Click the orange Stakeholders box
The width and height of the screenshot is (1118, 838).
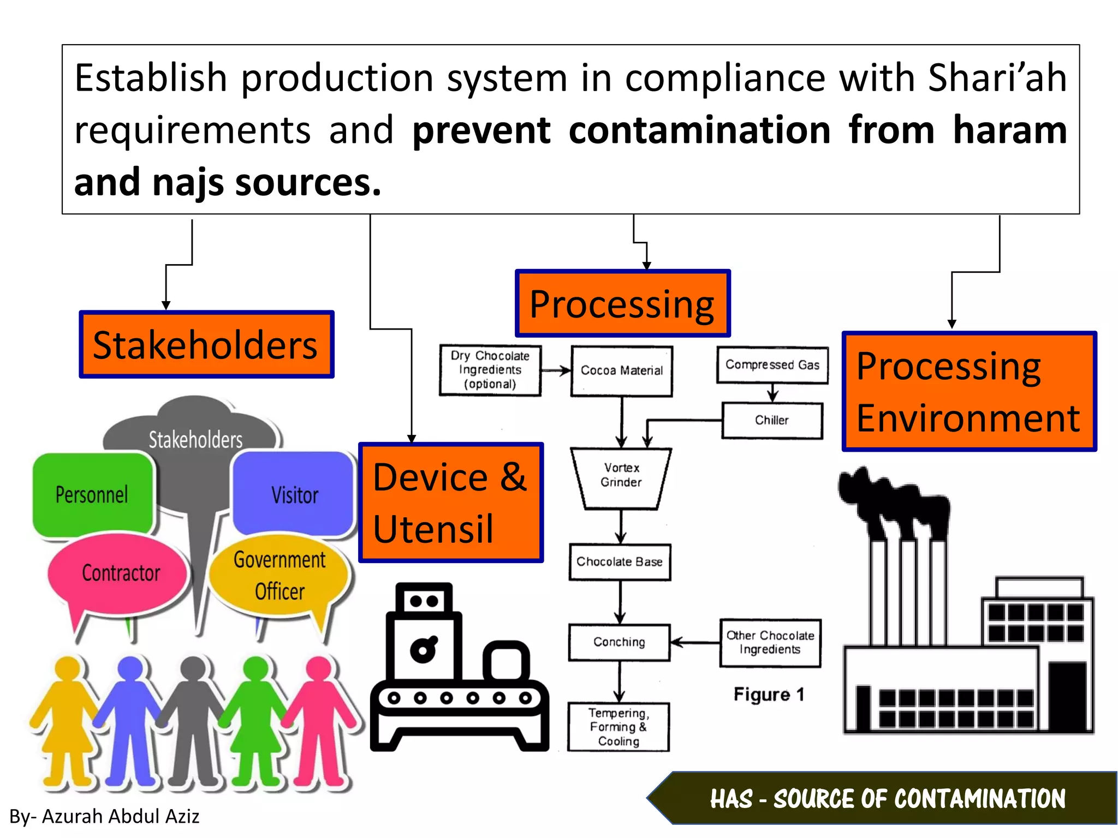tap(206, 345)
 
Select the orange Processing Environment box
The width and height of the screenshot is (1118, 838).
tap(968, 392)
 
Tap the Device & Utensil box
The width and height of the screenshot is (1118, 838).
tap(450, 502)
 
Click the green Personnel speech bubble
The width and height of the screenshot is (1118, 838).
tap(92, 495)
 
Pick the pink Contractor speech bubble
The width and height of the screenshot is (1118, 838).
tap(120, 573)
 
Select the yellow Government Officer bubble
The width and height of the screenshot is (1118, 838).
tap(279, 576)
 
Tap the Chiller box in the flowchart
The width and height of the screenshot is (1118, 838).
tap(772, 420)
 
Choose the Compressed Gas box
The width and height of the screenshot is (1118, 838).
tap(772, 365)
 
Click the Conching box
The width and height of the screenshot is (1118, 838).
tap(619, 642)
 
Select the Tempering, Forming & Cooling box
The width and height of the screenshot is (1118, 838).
tap(619, 727)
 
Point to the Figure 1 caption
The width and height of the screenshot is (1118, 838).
tap(769, 695)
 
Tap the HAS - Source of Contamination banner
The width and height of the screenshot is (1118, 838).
tap(887, 799)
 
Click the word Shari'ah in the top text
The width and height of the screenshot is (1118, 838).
tap(997, 78)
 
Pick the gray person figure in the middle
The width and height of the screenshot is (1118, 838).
tap(193, 720)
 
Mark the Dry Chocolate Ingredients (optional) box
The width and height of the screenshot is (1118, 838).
tap(490, 370)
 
